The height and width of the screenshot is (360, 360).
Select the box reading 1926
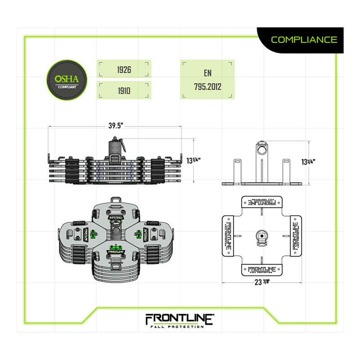tap(124, 70)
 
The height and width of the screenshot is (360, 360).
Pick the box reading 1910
tap(124, 90)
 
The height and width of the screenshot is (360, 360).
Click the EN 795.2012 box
tap(207, 80)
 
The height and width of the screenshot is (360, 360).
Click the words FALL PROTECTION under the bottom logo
tap(179, 327)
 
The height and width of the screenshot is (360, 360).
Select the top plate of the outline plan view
tap(261, 202)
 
